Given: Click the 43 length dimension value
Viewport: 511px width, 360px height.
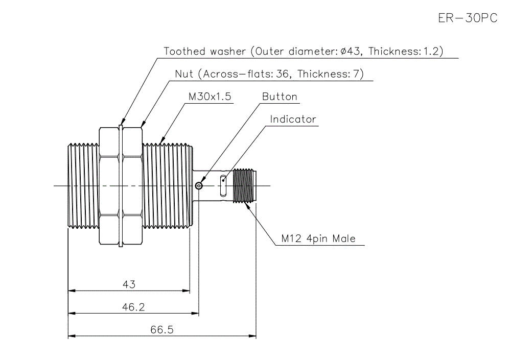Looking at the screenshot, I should (x=129, y=284).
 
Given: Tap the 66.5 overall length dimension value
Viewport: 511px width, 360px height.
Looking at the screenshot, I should (x=162, y=330).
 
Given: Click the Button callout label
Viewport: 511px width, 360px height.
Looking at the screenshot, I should (x=280, y=97).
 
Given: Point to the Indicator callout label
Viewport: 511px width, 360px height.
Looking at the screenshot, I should (x=293, y=119).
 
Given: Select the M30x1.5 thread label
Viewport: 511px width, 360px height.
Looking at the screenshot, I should (x=211, y=97).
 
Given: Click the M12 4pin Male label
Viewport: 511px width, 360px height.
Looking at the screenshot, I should (x=318, y=238).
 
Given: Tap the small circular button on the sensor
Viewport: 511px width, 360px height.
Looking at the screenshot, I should (x=199, y=186).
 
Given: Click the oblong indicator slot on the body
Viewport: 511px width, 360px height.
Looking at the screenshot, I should (x=223, y=186).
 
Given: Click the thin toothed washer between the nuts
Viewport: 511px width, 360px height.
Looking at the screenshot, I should (x=121, y=186).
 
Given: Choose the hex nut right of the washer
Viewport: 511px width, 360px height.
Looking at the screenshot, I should (x=132, y=186).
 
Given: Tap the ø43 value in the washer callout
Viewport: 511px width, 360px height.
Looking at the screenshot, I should (x=352, y=52).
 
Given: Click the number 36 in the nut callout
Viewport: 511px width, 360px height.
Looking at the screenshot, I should (x=282, y=74).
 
